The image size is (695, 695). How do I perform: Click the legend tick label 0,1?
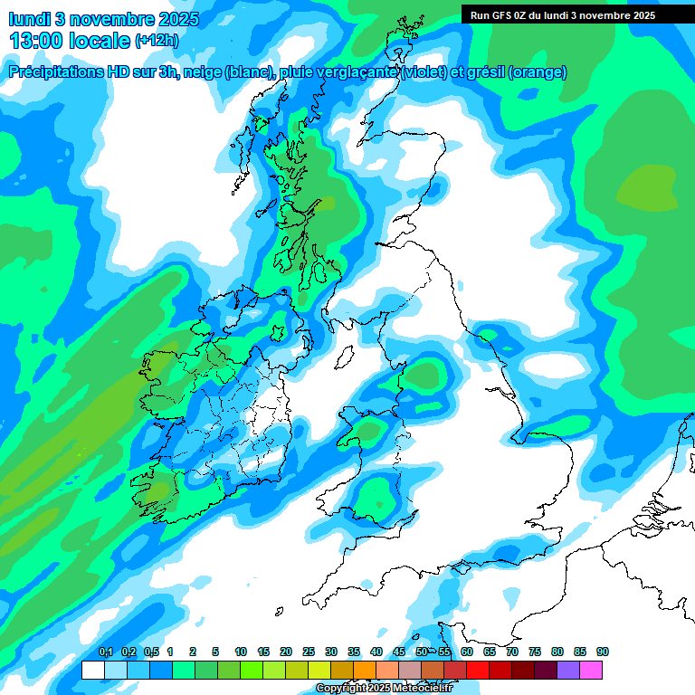106,652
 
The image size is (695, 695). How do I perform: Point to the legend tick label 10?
240,652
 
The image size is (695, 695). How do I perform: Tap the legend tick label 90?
602,652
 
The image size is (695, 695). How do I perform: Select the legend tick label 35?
353,652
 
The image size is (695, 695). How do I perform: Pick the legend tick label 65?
489,652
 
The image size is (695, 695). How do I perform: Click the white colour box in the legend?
92,670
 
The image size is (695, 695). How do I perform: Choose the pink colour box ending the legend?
591,670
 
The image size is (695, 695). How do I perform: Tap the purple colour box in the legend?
568,670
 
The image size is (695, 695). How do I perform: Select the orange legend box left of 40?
365,670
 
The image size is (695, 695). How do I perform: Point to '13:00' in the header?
35,41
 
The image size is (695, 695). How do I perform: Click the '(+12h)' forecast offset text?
157,41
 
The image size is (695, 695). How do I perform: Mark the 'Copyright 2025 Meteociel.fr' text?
384,689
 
